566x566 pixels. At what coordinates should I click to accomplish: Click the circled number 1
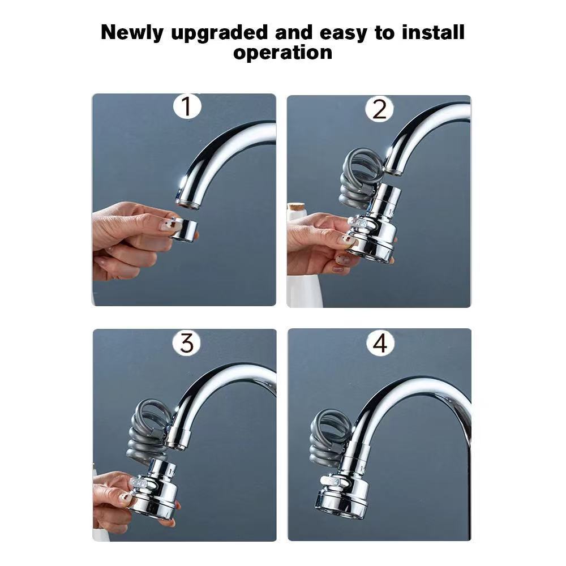187,106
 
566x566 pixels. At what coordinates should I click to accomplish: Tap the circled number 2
379,109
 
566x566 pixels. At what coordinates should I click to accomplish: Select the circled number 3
187,342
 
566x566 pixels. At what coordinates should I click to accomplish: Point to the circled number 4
380,343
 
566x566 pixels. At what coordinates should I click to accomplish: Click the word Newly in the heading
132,33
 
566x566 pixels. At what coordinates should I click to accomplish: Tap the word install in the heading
433,32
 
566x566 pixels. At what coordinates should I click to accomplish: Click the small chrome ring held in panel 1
184,229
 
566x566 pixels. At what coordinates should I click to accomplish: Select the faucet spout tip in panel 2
393,169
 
